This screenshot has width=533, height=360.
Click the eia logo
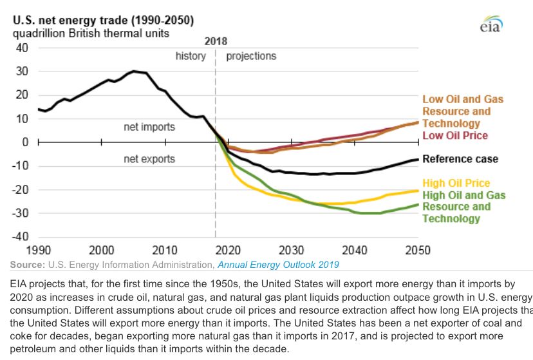coord(491,24)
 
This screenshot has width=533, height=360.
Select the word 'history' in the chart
coord(191,56)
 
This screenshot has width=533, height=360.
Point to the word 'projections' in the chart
coord(251,56)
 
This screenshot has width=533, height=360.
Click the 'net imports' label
coord(149,127)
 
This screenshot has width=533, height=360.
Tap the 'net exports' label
coord(149,158)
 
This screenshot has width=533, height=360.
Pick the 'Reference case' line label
coord(460,159)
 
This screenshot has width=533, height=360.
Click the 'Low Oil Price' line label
coord(455,135)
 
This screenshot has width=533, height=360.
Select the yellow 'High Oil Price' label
coord(456,184)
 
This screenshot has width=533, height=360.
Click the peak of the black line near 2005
coord(134,71)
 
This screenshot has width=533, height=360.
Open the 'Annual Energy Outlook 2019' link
coord(278,264)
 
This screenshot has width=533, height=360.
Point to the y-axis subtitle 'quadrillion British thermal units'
coord(91,33)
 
